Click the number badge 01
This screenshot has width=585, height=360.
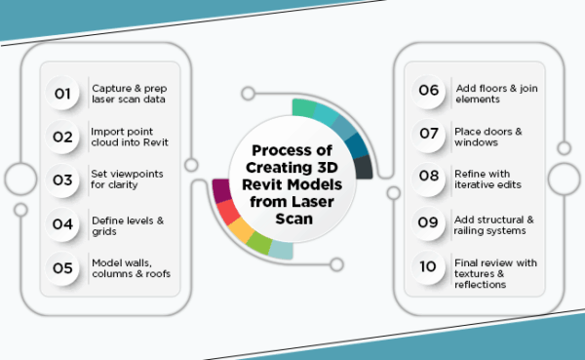click(63, 94)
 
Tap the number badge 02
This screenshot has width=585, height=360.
click(63, 137)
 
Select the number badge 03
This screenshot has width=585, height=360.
click(63, 180)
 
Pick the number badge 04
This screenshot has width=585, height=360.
click(63, 223)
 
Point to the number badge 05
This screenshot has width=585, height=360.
click(63, 266)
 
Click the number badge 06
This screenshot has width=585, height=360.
click(430, 91)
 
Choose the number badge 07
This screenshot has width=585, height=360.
click(430, 133)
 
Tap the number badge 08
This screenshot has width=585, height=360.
click(430, 177)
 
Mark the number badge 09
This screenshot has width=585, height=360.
click(430, 220)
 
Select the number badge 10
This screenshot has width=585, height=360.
click(430, 266)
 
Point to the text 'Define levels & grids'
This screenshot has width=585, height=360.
click(127, 223)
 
